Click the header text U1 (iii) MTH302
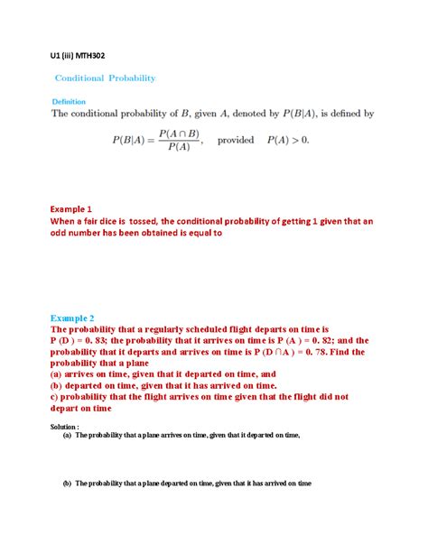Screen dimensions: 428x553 tap(78, 55)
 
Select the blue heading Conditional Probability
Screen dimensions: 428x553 tap(106, 78)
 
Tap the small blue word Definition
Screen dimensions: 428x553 tap(70, 101)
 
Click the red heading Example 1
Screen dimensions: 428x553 tap(72, 207)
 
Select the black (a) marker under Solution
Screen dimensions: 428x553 tap(67, 435)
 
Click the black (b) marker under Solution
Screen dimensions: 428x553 tap(67, 484)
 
